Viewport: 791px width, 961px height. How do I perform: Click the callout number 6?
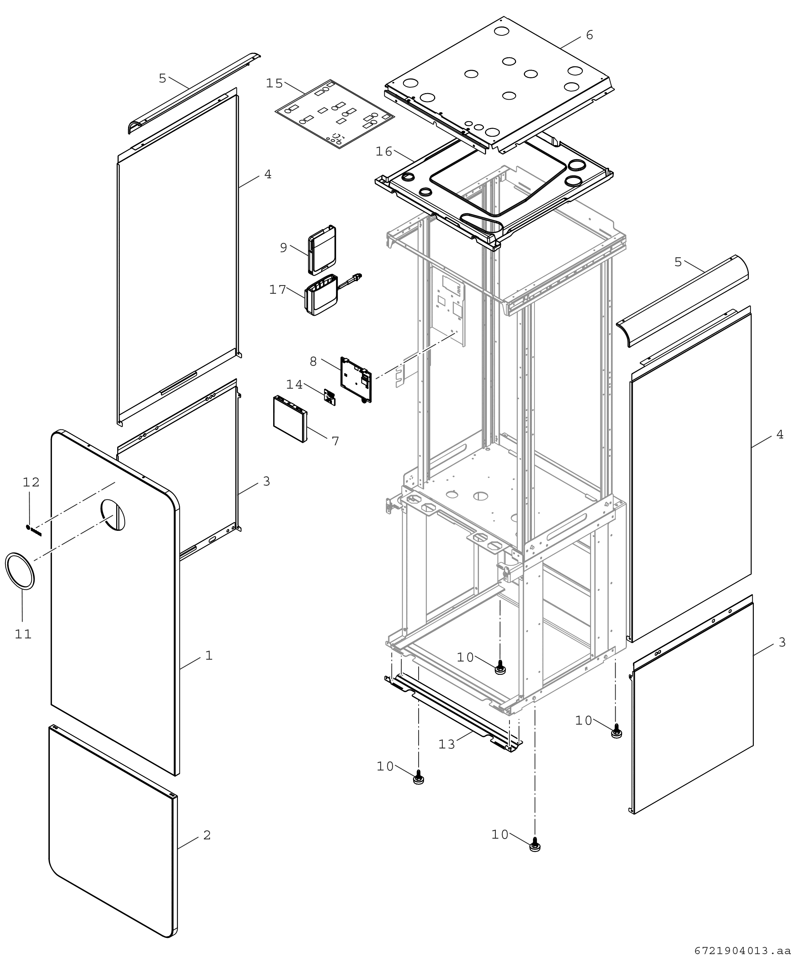pos(590,35)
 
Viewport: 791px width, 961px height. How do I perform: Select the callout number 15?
pos(274,83)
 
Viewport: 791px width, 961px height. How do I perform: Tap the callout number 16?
pos(384,152)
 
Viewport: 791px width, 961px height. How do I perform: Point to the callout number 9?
pos(283,248)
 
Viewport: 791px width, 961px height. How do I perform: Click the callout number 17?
pos(277,290)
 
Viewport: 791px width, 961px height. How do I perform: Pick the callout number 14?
pos(294,385)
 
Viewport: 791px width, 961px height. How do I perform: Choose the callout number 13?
pos(446,744)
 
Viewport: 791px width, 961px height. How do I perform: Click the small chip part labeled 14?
pos(329,397)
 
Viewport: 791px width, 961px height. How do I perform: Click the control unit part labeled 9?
pos(323,250)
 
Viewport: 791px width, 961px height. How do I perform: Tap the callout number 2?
pos(207,835)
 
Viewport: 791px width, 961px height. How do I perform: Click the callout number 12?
pos(31,482)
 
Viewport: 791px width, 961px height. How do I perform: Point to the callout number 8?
pos(313,361)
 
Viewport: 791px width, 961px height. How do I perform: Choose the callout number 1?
pos(209,655)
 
